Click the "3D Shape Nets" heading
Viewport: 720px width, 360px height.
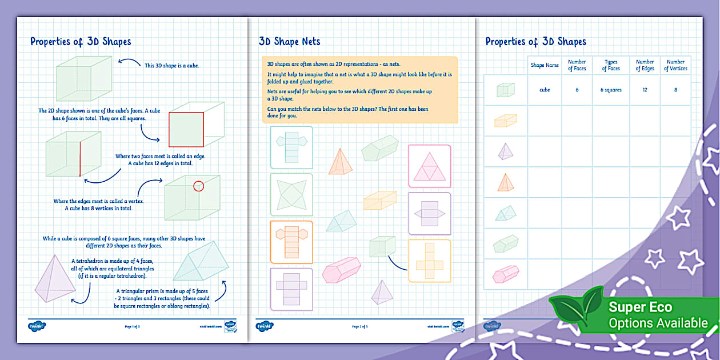[x=289, y=41]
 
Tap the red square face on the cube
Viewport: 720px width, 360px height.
[x=186, y=129]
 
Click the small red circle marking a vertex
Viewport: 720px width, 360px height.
[x=198, y=186]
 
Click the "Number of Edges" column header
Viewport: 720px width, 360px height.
[x=645, y=65]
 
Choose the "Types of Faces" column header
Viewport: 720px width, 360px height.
[x=610, y=65]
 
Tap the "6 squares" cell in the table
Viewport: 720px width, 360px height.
[x=610, y=90]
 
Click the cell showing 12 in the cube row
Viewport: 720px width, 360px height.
[x=645, y=90]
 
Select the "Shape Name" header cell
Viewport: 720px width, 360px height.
[x=545, y=65]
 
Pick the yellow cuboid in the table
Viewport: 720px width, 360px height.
[x=505, y=120]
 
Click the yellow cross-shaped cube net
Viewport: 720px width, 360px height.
[x=429, y=261]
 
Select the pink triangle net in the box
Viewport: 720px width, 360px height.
[x=429, y=166]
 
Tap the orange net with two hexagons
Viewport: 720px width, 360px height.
[x=291, y=241]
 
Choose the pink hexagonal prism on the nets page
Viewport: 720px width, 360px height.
[x=342, y=270]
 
